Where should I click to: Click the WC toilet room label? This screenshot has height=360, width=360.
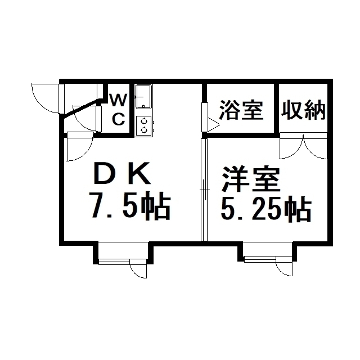click(119, 110)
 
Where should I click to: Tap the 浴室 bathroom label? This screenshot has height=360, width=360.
click(241, 110)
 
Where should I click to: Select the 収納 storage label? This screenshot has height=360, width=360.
click(303, 110)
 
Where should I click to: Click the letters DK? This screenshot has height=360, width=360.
click(122, 173)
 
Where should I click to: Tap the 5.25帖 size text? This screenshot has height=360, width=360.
click(266, 209)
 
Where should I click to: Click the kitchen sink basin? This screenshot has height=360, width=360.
click(143, 97)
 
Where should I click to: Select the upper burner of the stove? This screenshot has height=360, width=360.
click(144, 120)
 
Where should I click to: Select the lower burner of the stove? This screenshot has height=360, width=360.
click(144, 130)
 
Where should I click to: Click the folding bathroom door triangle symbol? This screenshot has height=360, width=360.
click(214, 125)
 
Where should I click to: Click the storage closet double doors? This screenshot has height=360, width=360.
click(303, 146)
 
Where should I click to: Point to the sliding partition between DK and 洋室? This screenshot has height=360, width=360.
click(204, 190)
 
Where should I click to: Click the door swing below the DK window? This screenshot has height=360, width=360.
click(138, 268)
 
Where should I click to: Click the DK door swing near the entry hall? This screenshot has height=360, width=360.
click(80, 147)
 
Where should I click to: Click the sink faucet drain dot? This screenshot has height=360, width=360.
click(143, 106)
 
